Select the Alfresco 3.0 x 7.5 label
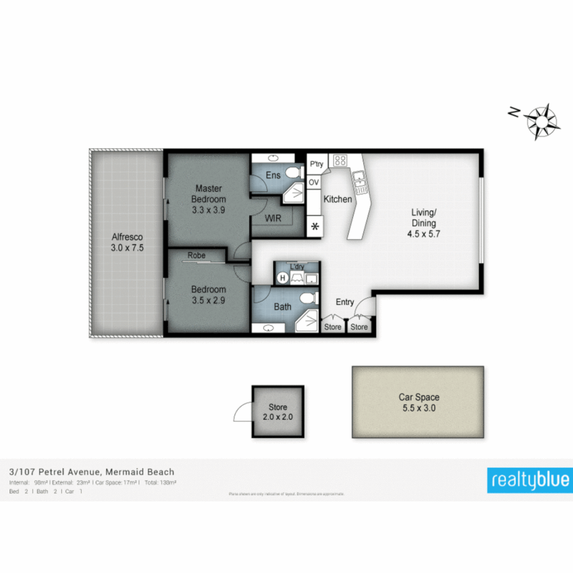tap(127, 242)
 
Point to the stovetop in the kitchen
tap(340, 160)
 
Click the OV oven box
tap(314, 182)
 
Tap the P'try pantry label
tap(316, 164)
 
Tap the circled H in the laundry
tap(282, 277)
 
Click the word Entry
tap(345, 302)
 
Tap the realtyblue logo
tap(530, 480)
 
